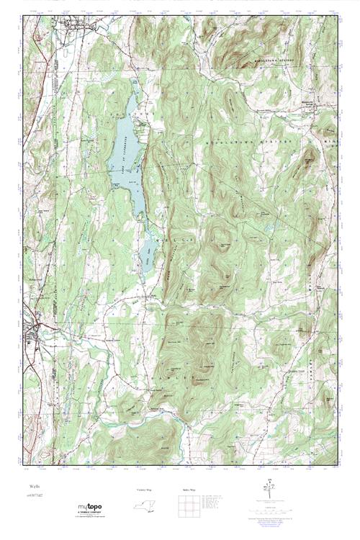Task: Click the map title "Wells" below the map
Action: point(32,487)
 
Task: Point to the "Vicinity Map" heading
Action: point(145,490)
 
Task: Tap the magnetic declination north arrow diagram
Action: point(268,490)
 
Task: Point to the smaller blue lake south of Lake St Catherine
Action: point(146,252)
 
